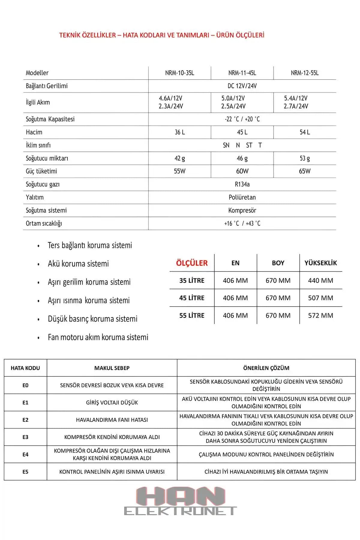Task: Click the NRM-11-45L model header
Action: (x=242, y=73)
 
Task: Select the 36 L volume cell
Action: (x=180, y=132)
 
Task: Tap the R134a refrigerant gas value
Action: (x=242, y=184)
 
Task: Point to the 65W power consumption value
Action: (x=304, y=171)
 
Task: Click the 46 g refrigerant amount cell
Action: (x=242, y=158)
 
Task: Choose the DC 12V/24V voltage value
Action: (x=242, y=86)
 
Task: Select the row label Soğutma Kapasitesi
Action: (x=50, y=119)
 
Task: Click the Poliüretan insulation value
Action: (x=242, y=197)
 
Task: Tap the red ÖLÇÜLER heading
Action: (x=192, y=263)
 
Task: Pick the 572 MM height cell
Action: (x=320, y=316)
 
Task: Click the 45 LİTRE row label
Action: (x=192, y=298)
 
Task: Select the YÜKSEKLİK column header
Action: (x=320, y=263)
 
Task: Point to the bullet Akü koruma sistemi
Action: (x=78, y=264)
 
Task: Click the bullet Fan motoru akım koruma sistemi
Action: (x=98, y=337)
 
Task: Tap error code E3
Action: (x=25, y=437)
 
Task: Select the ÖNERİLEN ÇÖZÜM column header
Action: (x=266, y=368)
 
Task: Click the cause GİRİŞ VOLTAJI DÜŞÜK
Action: (x=112, y=403)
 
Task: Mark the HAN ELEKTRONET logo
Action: (x=180, y=501)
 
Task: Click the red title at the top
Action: (x=162, y=35)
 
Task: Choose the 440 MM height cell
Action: (x=320, y=281)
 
